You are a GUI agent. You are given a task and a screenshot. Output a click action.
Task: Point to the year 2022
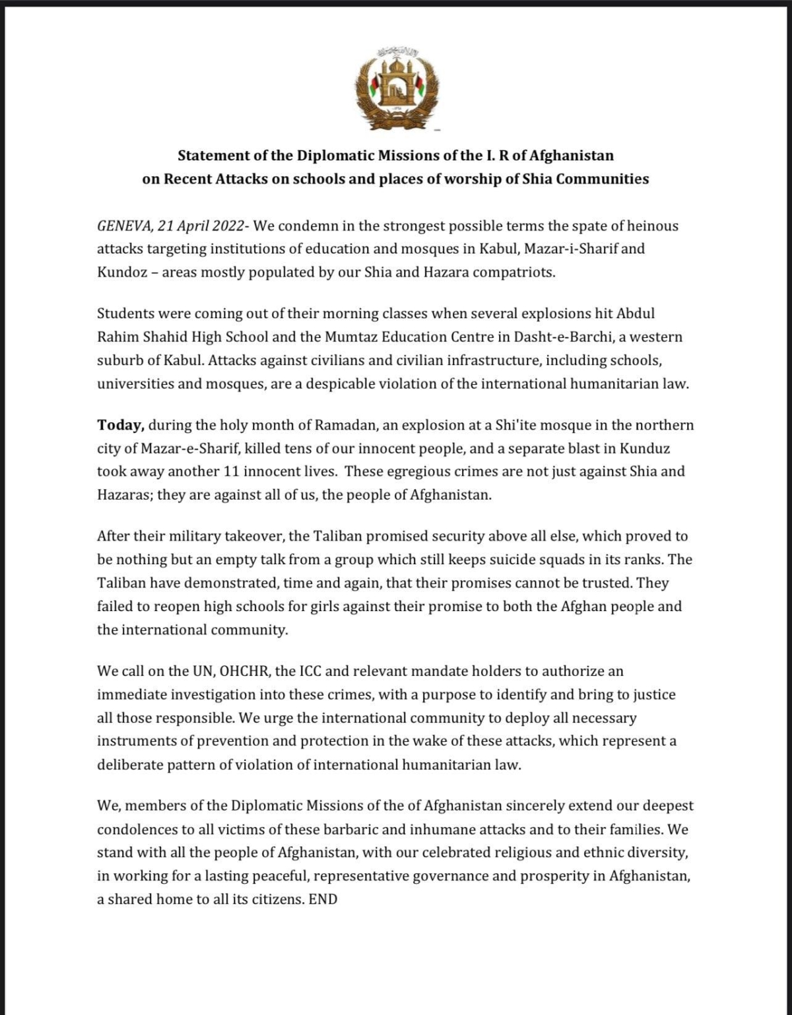pyautogui.click(x=228, y=226)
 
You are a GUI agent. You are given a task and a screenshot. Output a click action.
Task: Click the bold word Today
pyautogui.click(x=120, y=425)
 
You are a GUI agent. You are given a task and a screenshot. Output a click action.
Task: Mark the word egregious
pyautogui.click(x=416, y=471)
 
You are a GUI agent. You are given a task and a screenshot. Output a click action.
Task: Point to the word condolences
pyautogui.click(x=137, y=830)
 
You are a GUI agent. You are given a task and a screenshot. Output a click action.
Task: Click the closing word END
pyautogui.click(x=323, y=899)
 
